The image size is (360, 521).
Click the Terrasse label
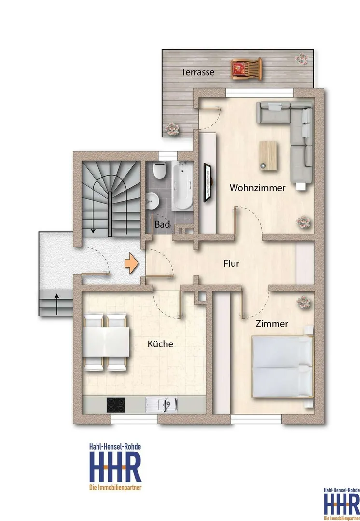click(197, 72)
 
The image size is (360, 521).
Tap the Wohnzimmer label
click(257, 188)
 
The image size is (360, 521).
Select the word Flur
click(231, 263)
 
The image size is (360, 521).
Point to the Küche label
click(160, 343)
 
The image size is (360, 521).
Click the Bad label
click(162, 225)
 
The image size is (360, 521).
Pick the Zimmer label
click(272, 324)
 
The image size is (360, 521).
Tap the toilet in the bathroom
click(160, 170)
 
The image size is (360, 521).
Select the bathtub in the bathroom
click(182, 186)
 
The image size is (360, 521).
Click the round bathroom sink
click(152, 201)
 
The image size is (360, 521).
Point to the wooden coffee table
click(268, 156)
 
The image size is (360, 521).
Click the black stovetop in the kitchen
click(116, 405)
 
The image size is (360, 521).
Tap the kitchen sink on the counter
click(162, 405)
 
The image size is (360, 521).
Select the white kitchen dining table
click(106, 342)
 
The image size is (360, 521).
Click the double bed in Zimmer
click(283, 367)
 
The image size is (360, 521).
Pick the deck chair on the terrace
click(246, 69)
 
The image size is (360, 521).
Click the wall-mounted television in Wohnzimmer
click(208, 182)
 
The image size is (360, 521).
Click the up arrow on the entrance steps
click(57, 304)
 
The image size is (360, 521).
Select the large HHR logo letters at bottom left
click(115, 467)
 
